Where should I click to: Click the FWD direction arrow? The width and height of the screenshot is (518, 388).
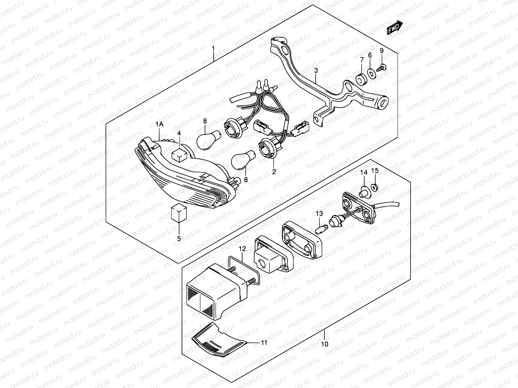click(x=395, y=27)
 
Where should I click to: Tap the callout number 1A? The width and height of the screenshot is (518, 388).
click(x=159, y=124)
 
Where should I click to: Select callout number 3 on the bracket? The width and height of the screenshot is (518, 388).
click(x=316, y=70)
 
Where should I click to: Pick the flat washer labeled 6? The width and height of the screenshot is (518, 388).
click(x=372, y=74)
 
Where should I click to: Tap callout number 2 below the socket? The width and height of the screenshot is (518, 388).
click(x=274, y=172)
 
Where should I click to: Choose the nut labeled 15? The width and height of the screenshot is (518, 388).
click(x=375, y=187)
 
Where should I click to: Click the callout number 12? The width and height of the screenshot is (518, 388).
click(x=242, y=249)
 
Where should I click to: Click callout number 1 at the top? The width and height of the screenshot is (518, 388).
click(x=213, y=49)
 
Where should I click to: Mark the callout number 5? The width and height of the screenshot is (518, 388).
click(x=179, y=239)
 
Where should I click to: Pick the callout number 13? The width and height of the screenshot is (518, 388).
click(x=319, y=214)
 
